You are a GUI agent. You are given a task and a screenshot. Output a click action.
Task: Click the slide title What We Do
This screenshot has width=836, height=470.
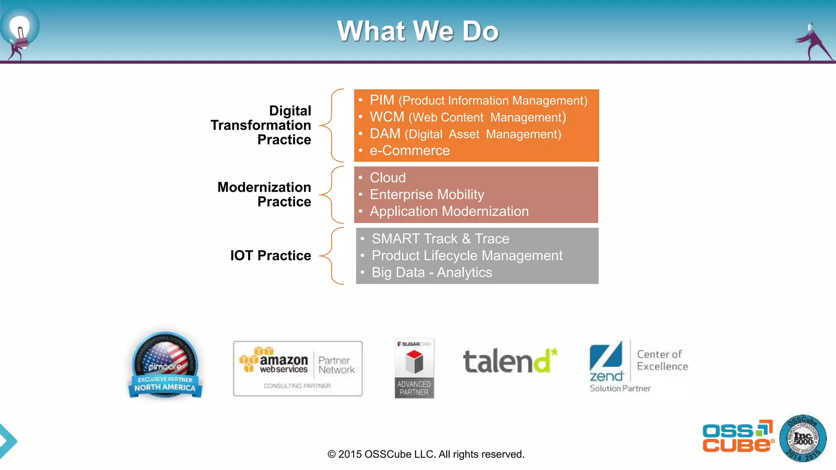(418, 31)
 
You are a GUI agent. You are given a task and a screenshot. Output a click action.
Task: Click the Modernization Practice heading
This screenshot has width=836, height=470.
(265, 194)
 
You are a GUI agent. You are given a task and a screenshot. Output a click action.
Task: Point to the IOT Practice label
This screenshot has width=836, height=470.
(271, 255)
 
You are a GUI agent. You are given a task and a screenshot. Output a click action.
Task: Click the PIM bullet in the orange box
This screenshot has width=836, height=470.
(478, 100)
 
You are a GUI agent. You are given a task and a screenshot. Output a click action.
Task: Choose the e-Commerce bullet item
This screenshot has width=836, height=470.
(409, 151)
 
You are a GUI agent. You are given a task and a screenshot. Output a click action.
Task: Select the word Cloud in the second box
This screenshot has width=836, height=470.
(387, 178)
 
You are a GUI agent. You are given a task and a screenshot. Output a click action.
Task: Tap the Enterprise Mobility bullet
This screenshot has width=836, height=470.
(427, 195)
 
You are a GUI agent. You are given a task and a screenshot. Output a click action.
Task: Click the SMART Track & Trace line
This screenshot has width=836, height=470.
(440, 239)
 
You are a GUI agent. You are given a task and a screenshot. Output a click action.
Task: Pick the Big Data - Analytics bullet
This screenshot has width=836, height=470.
(431, 273)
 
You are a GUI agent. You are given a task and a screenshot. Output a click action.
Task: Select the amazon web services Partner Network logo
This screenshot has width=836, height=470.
(298, 368)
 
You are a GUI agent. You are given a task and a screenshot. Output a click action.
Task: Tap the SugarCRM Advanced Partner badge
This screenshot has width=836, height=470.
(414, 368)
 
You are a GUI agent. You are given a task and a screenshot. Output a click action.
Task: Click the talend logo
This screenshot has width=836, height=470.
(509, 361)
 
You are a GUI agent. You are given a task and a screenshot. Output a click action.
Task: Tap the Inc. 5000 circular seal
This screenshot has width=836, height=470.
(803, 439)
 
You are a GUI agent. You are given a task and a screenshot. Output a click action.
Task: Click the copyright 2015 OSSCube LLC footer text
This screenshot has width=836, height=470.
(426, 454)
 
